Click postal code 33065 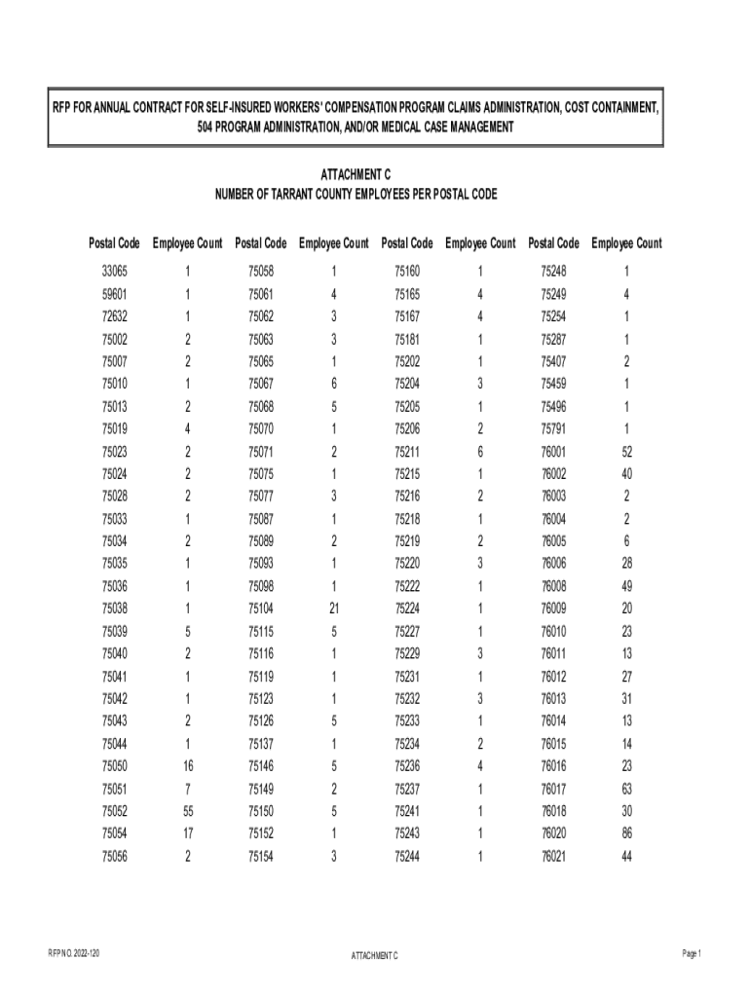[114, 272]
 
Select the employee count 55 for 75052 [187, 812]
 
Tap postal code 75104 [261, 609]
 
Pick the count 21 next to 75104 [334, 609]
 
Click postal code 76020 [553, 834]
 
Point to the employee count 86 [626, 834]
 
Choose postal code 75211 [407, 451]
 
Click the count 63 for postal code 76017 [626, 790]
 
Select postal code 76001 [553, 451]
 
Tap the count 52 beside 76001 [626, 451]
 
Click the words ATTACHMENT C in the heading [356, 173]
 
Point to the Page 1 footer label [692, 954]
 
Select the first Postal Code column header [114, 242]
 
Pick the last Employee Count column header [626, 242]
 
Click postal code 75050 [114, 766]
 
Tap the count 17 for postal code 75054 [187, 834]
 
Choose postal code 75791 [553, 428]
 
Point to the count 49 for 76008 [626, 586]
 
